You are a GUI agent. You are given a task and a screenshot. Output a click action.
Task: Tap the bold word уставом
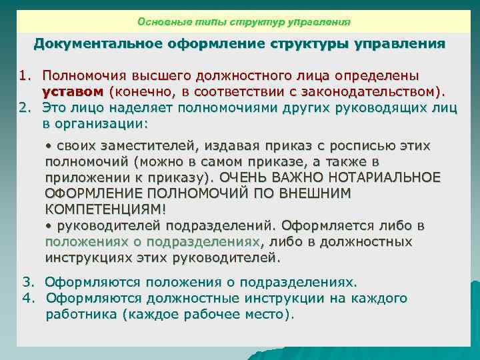pos(72,90)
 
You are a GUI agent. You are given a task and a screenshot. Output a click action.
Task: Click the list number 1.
pos(23,75)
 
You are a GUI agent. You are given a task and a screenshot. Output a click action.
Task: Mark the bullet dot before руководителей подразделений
pos(48,226)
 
